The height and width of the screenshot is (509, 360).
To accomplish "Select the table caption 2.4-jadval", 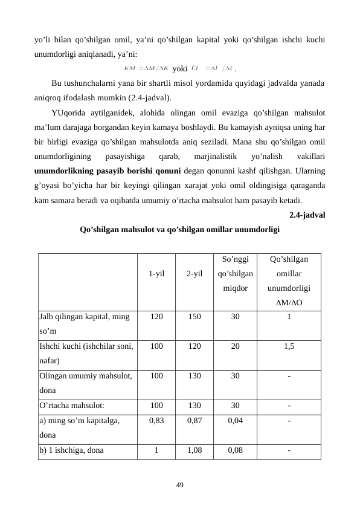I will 308,215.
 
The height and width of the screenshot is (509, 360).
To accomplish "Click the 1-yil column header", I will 156,274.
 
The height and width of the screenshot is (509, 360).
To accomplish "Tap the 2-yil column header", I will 194,274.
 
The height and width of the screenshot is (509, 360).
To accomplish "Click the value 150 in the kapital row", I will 194,316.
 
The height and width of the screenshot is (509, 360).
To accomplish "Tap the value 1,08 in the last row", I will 194,450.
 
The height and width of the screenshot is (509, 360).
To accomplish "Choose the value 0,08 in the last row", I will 235,450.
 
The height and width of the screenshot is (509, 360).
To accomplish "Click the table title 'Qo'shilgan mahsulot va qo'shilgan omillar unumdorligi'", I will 179,230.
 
